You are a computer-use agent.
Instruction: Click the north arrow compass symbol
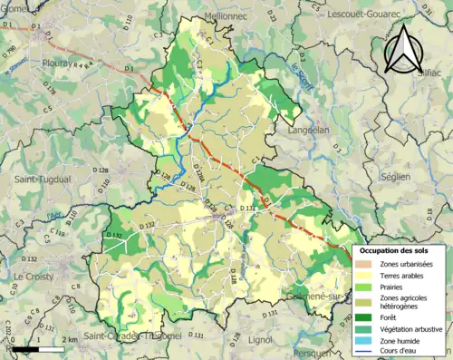click(403, 49)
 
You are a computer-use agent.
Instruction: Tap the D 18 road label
click(429, 213)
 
